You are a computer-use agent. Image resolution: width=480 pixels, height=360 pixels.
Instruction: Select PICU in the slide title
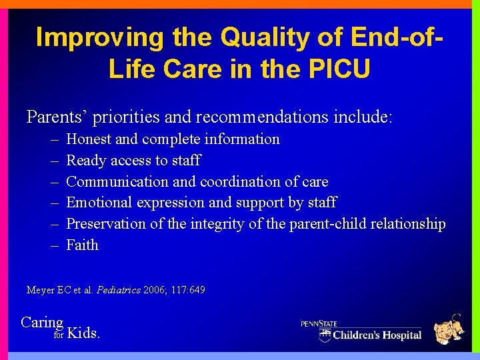[337, 69]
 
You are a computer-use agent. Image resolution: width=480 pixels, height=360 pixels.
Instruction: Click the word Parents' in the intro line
[57, 117]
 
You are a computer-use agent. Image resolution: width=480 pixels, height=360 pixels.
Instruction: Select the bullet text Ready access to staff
[133, 161]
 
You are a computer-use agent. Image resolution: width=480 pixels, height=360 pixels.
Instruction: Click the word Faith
[83, 245]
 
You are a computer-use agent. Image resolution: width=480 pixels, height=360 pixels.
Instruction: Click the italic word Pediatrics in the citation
[117, 290]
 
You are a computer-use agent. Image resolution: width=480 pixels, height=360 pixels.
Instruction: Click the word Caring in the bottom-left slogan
[42, 323]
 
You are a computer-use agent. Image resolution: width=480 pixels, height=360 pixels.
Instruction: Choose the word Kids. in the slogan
[85, 333]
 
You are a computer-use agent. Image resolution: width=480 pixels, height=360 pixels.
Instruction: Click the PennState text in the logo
[319, 323]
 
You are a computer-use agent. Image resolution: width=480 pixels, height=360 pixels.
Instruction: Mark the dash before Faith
[54, 245]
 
